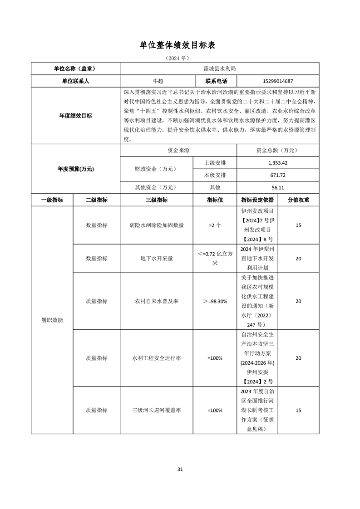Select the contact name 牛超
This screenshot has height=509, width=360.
pyautogui.click(x=158, y=81)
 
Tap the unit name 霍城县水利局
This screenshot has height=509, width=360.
pyautogui.click(x=220, y=69)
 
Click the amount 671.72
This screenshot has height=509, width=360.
pyautogui.click(x=278, y=175)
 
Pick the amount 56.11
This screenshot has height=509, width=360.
pyautogui.click(x=278, y=187)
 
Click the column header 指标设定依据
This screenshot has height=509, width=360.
pyautogui.click(x=257, y=200)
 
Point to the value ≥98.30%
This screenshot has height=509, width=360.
pyautogui.click(x=215, y=301)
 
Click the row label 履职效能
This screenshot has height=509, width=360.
pyautogui.click(x=52, y=320)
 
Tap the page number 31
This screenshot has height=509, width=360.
pyautogui.click(x=180, y=469)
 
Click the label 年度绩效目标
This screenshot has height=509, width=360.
pyautogui.click(x=75, y=116)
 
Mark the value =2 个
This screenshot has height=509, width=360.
pyautogui.click(x=215, y=225)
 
